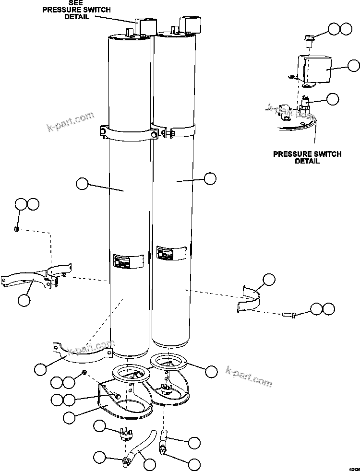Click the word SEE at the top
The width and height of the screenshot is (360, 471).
click(75, 3)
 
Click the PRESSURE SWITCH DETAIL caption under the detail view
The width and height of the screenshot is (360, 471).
click(307, 157)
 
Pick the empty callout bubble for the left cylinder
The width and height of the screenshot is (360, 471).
click(82, 183)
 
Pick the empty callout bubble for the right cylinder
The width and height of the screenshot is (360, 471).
click(210, 178)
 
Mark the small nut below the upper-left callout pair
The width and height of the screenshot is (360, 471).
click(17, 229)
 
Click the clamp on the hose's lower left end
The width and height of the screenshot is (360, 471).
click(126, 462)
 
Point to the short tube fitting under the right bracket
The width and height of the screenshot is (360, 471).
click(164, 437)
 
